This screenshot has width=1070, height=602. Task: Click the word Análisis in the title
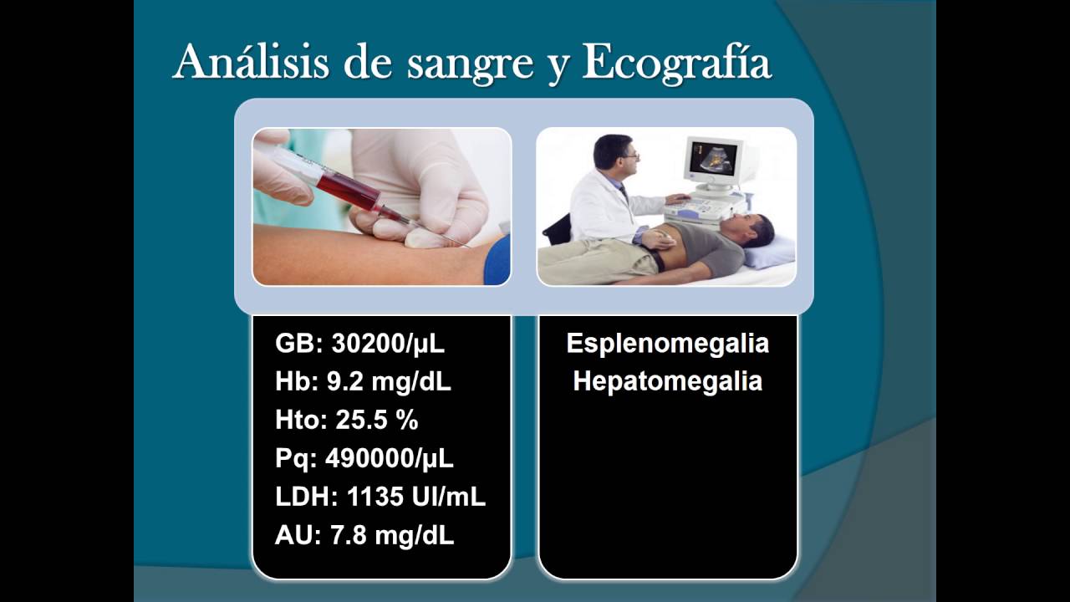251,62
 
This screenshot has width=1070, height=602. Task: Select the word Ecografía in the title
676,64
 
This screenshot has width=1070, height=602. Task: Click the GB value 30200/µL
388,343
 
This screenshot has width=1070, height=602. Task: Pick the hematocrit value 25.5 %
377,420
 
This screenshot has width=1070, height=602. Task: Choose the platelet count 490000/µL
389,459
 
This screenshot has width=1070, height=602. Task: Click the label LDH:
307,497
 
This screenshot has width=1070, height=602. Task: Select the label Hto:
302,420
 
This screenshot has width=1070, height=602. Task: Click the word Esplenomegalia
667,344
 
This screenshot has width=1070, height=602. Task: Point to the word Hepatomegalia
667,382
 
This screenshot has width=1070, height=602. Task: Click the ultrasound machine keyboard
701,207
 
